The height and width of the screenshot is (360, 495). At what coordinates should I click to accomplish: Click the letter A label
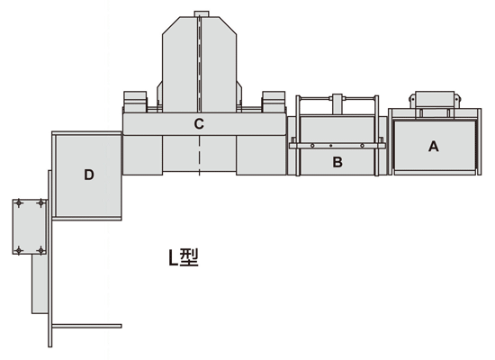tap(434, 147)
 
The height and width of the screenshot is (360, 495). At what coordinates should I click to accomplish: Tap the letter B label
tap(337, 162)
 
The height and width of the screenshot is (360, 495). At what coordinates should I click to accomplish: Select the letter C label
tap(199, 124)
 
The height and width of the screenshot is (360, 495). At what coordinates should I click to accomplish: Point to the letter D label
tap(89, 175)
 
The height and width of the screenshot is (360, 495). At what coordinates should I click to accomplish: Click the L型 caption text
tap(184, 257)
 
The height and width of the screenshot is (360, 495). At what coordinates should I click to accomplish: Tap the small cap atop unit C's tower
tap(202, 13)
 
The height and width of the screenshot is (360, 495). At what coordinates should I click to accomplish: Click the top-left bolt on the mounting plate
tap(19, 203)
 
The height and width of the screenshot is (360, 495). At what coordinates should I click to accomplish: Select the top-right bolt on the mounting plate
tap(41, 203)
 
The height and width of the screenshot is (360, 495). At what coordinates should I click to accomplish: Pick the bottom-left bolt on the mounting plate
tap(19, 251)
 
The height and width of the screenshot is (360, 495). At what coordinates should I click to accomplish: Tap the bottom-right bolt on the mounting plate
tap(41, 251)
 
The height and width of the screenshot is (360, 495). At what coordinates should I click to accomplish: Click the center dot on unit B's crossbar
tap(331, 146)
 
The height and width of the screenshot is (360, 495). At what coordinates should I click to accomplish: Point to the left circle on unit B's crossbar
tap(312, 146)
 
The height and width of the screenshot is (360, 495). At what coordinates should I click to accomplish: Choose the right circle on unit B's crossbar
tap(362, 146)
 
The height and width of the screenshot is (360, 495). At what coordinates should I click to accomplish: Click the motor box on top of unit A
tap(435, 100)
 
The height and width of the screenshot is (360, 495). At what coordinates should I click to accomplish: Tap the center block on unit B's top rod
tap(337, 103)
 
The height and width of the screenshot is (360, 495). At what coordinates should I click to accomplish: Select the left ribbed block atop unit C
tap(135, 102)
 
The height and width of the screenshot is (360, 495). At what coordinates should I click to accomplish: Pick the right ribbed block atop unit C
tap(274, 102)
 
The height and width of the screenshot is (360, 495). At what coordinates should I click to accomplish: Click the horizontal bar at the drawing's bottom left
tap(86, 326)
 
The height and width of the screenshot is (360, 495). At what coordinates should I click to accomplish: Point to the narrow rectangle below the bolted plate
tap(40, 283)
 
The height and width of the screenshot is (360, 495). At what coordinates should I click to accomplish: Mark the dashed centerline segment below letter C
tap(199, 156)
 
